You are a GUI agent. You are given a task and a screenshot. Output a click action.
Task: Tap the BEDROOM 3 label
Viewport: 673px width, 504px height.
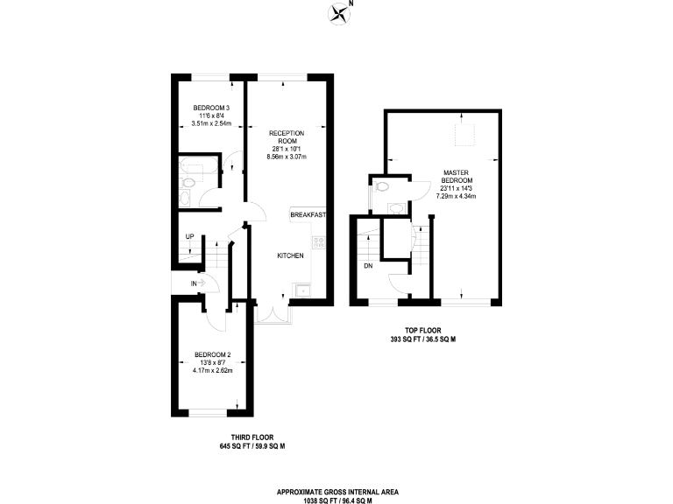(210, 108)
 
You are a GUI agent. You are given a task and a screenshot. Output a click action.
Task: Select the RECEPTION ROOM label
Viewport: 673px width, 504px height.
(286, 136)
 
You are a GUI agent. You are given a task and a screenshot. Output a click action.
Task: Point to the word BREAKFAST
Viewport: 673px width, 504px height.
(308, 214)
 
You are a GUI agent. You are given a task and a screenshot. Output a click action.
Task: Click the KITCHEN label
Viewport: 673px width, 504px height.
(290, 255)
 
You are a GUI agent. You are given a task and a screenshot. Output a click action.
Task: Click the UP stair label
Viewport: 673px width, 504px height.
(189, 237)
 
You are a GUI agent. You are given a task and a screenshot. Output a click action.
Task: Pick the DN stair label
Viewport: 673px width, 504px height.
(368, 266)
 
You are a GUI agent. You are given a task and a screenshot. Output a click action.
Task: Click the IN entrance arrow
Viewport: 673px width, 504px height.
(197, 283)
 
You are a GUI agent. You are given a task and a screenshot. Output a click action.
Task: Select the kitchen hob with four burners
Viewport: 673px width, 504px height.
(320, 242)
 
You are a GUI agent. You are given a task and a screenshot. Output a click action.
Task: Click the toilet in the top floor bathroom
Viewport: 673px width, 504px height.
(381, 186)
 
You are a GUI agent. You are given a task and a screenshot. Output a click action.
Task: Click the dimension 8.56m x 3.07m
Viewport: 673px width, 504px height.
(286, 157)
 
